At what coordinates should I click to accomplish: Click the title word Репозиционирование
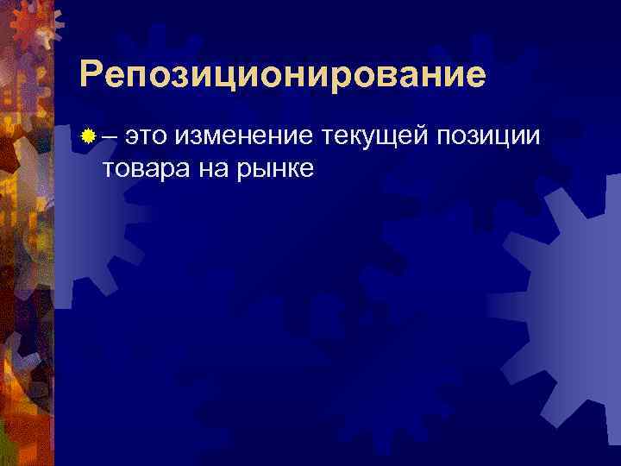[282, 76]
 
